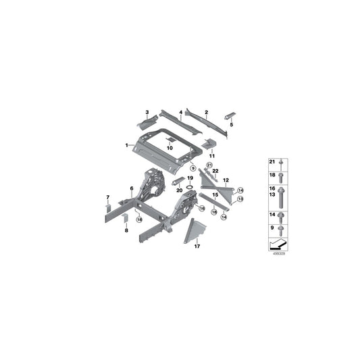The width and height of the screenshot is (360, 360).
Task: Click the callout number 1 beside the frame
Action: (x=126, y=145)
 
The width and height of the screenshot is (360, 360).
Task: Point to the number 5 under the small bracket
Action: (x=232, y=125)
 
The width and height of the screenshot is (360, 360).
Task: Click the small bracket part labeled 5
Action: (x=232, y=115)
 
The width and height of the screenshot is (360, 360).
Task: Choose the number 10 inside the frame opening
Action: (x=170, y=147)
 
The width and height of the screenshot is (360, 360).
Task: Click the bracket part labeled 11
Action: (x=210, y=145)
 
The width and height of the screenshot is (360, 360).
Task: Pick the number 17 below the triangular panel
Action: (x=197, y=247)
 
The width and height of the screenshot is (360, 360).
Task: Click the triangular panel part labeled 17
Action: (x=195, y=229)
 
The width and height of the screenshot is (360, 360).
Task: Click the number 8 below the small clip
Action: (x=126, y=230)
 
